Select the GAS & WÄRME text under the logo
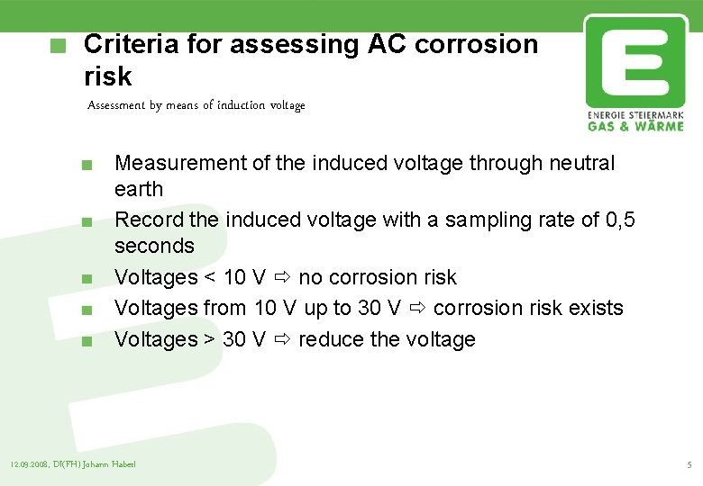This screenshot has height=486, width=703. [x=635, y=126]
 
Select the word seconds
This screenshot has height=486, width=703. [x=154, y=246]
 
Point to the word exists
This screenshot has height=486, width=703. [x=594, y=308]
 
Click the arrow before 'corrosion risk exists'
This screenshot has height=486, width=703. [x=417, y=308]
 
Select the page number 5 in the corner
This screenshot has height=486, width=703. [x=689, y=464]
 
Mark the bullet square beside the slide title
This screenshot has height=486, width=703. [x=59, y=45]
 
